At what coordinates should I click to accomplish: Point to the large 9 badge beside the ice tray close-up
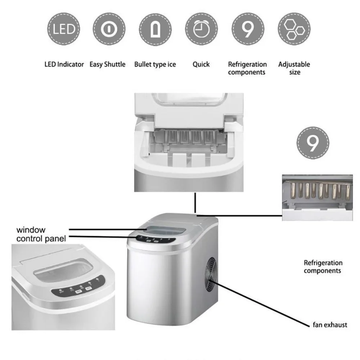click(312, 142)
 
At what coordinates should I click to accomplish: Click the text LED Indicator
click(64, 65)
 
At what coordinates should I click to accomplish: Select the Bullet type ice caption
click(155, 65)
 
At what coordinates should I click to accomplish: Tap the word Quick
click(201, 65)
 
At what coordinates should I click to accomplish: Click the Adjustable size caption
click(294, 68)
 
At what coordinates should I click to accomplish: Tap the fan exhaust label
click(330, 325)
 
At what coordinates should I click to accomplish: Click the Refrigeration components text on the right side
click(323, 267)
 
